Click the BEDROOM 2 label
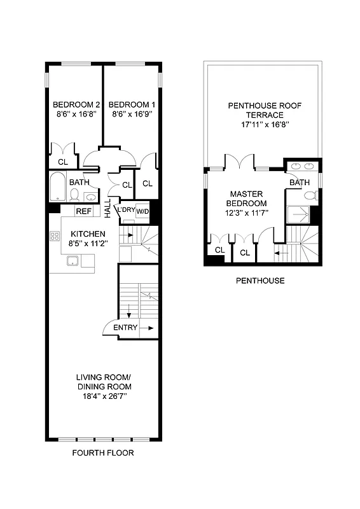click(x=76, y=105)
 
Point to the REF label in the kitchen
click(x=83, y=211)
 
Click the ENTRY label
click(x=125, y=328)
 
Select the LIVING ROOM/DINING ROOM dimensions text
click(x=104, y=396)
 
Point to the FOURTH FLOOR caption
click(x=104, y=454)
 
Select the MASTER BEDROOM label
click(x=247, y=202)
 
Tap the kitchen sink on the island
click(x=71, y=260)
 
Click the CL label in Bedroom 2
click(x=62, y=162)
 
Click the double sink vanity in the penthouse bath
click(x=301, y=167)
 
